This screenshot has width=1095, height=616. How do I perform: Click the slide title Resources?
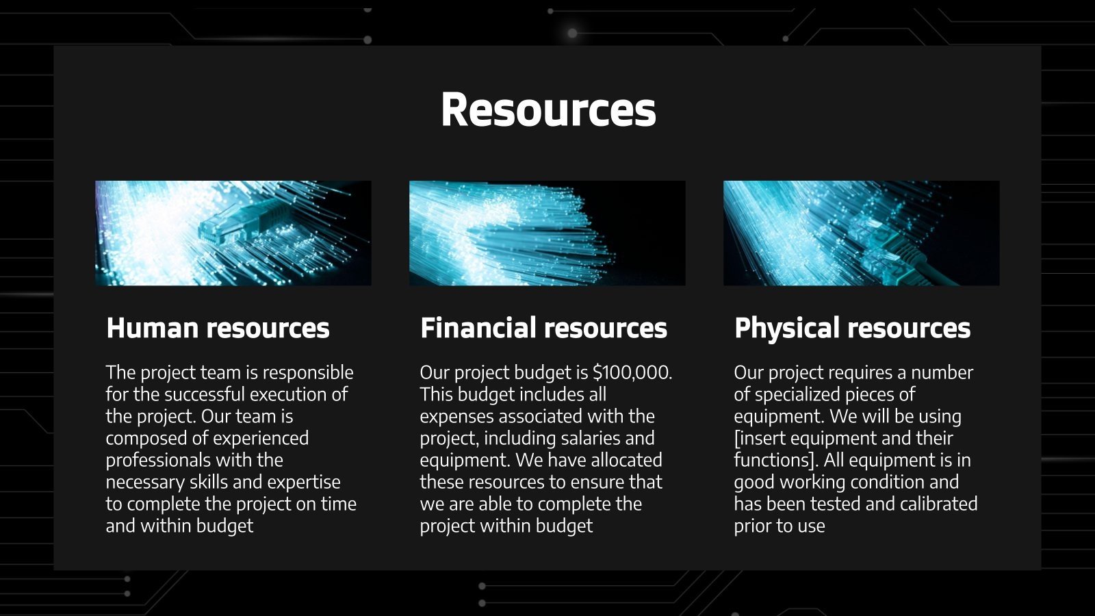(x=548, y=110)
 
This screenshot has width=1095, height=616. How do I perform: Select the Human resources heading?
(x=218, y=328)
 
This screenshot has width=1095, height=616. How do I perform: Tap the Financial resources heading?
(x=543, y=328)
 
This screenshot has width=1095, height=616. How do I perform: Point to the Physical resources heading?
(x=852, y=328)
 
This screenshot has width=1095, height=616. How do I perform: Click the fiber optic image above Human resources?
(x=233, y=233)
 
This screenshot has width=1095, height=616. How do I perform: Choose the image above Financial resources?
(x=547, y=233)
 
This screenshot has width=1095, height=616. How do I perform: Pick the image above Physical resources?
(x=861, y=233)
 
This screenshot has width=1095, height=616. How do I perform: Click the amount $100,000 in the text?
(x=632, y=372)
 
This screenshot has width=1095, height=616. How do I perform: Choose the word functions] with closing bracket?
(x=775, y=460)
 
